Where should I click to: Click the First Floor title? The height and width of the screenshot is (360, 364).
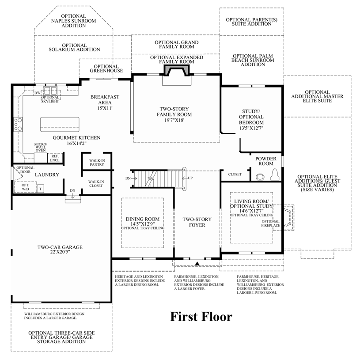201,317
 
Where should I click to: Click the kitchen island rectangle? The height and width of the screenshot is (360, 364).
60,124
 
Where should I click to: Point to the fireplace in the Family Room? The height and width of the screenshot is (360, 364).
176,71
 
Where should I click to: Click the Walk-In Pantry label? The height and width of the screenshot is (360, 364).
96,163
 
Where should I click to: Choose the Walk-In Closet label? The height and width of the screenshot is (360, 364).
96,183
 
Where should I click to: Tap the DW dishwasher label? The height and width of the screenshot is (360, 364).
37,93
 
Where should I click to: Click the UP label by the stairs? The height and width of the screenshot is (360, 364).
191,178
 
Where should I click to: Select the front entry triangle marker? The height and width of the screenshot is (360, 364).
198,264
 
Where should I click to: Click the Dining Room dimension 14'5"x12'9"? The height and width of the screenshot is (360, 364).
143,224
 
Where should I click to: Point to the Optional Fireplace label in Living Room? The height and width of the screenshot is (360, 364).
270,224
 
